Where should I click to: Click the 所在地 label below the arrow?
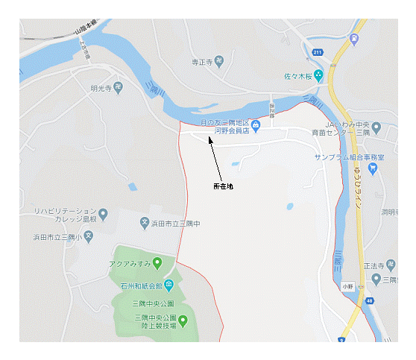[223, 186]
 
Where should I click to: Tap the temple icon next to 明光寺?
[119, 88]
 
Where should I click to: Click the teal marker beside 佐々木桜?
[318, 75]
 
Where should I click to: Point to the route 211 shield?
[317, 52]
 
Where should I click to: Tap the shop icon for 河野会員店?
[256, 125]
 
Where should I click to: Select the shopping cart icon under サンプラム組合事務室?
[374, 168]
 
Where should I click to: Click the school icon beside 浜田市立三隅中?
[145, 222]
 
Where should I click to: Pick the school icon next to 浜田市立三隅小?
[89, 236]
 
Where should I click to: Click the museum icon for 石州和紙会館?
[169, 284]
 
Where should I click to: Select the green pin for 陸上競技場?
[183, 320]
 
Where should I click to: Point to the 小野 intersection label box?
[349, 285]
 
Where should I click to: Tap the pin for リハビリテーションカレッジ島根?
[104, 215]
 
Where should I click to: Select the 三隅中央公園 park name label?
[153, 304]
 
